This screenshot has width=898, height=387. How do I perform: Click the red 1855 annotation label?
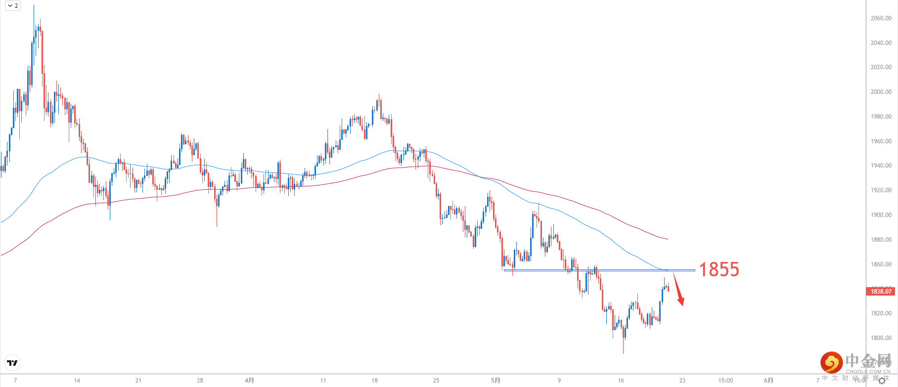tap(718, 269)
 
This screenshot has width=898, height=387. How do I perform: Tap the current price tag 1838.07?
tap(881, 292)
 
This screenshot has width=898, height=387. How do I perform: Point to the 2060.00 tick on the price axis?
tap(881, 18)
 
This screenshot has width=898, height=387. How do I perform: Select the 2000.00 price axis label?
tap(881, 92)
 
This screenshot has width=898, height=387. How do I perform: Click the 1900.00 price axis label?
tap(881, 215)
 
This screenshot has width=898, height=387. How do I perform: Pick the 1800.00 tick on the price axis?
tap(881, 338)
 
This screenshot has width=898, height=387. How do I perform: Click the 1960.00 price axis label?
tap(881, 141)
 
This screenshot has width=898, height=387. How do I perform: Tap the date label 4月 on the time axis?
tap(249, 381)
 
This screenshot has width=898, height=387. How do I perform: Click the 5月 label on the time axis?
tap(495, 381)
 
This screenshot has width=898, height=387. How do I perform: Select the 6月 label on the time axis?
tap(768, 381)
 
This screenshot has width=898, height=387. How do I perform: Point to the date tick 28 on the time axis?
tap(200, 381)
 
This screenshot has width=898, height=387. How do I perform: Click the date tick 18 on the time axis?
tap(374, 381)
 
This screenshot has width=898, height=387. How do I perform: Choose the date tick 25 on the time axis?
tap(436, 381)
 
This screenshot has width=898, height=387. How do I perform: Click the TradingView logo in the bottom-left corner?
tap(12, 363)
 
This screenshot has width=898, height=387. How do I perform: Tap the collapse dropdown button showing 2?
tap(13, 6)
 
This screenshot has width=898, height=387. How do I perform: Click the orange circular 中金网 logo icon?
tap(831, 363)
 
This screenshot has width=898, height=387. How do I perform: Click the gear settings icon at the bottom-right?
tap(882, 381)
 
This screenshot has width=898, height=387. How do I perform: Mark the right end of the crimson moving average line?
tap(667, 239)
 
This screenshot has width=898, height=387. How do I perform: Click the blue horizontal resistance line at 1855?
tap(593, 270)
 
